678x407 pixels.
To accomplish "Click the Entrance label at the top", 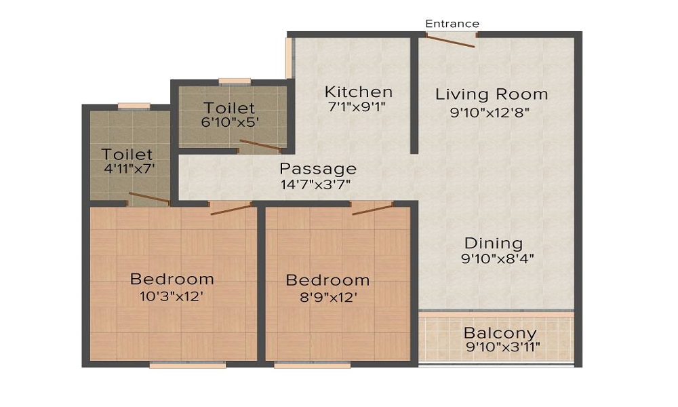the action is click(x=452, y=24).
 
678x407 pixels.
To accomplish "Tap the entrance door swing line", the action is click(x=451, y=41).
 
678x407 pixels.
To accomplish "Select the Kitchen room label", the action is click(x=359, y=92).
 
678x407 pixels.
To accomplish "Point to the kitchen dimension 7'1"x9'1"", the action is click(x=357, y=106).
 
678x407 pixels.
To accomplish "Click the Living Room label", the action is click(x=492, y=94).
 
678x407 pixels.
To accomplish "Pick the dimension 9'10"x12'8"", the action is click(x=490, y=113).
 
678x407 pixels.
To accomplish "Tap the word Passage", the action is click(x=318, y=169).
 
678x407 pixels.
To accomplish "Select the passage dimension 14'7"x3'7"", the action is click(x=316, y=185).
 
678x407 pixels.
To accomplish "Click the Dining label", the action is click(x=494, y=244).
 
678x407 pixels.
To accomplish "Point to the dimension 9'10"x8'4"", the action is click(x=498, y=258).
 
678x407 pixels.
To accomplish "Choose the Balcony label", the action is click(x=500, y=334).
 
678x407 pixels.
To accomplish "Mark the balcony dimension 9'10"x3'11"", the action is click(x=503, y=347).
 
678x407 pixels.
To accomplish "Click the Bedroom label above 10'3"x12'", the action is click(x=172, y=279).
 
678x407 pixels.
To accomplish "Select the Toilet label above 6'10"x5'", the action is click(x=229, y=108).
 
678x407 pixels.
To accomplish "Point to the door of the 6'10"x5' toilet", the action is click(x=260, y=145).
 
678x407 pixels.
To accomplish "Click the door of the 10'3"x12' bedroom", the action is click(x=231, y=210).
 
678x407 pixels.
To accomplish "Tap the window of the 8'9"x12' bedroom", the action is click(x=312, y=366).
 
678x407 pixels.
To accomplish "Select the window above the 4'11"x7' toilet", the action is click(x=134, y=106).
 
